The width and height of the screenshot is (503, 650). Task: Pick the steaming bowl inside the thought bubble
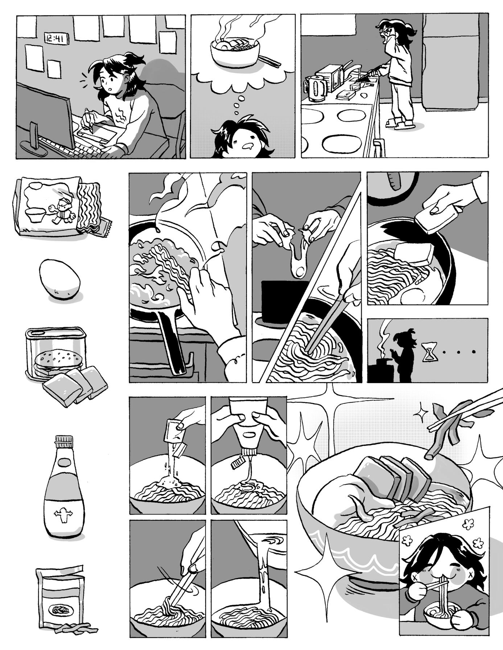pyautogui.click(x=235, y=53)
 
